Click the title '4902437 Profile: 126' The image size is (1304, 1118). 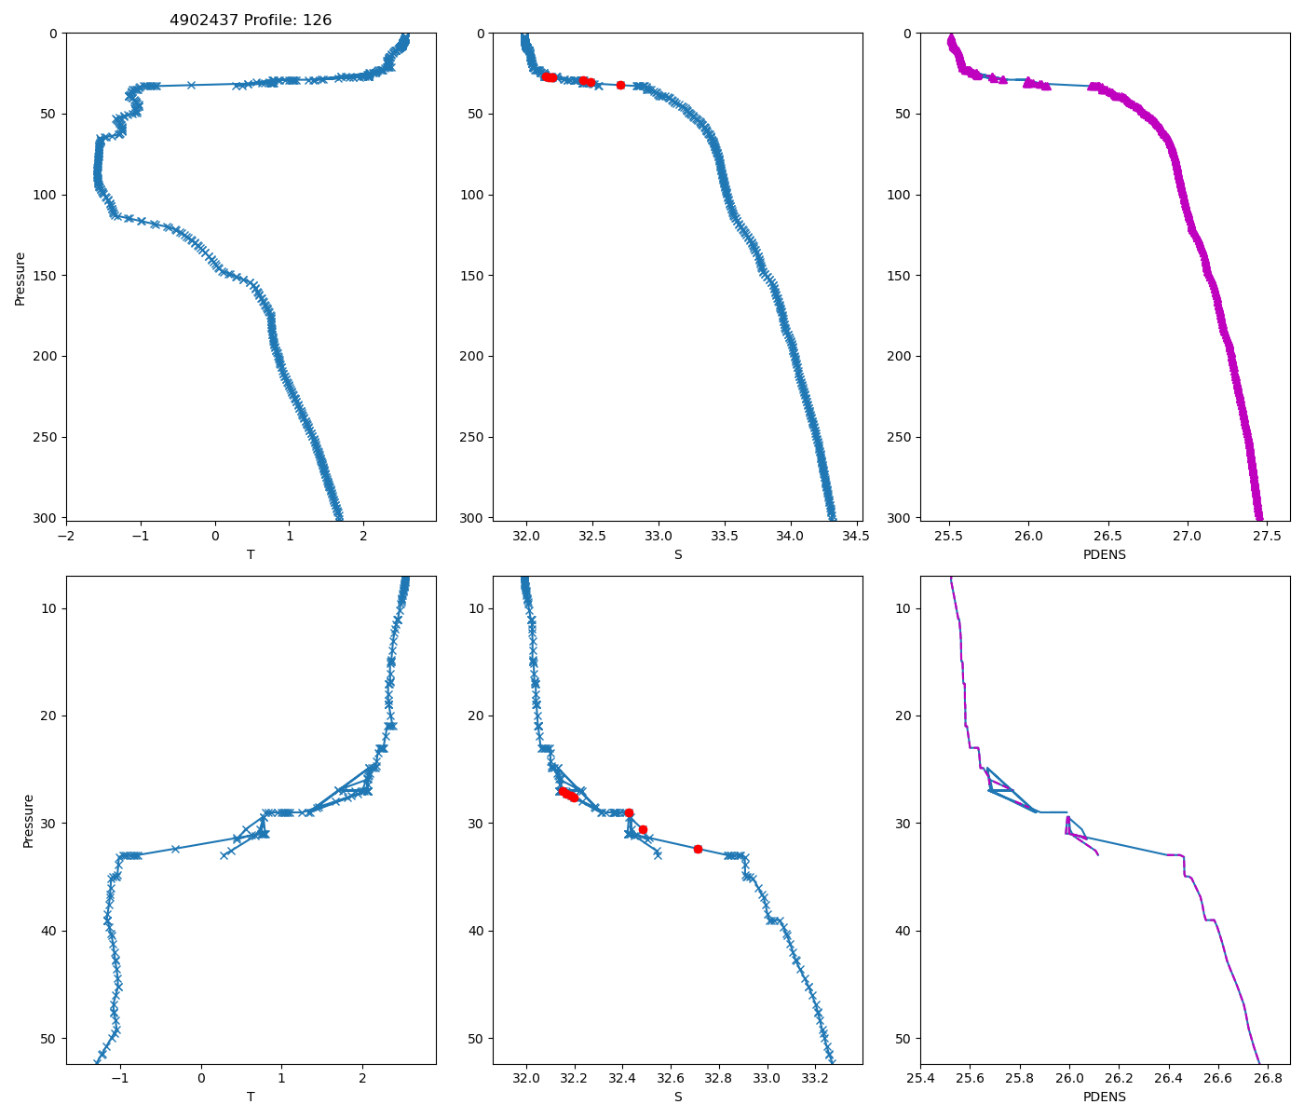point(251,20)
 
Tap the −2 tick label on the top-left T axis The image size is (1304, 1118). point(66,536)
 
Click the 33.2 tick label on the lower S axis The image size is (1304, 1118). point(815,1079)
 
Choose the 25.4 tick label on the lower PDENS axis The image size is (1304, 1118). point(920,1079)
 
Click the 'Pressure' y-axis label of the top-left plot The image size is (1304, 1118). point(20,278)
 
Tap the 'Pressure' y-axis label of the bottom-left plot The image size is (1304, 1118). point(28,821)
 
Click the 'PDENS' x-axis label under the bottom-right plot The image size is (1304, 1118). point(1105,1098)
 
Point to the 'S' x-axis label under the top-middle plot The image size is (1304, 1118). point(677,554)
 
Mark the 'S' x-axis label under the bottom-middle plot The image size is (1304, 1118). point(677,1098)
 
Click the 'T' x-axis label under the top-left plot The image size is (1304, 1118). point(251,554)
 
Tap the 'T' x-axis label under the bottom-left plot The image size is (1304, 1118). point(251,1098)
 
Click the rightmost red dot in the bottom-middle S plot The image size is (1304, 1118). point(698,849)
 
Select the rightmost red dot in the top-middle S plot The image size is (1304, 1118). point(620,85)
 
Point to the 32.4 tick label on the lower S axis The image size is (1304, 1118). point(623,1079)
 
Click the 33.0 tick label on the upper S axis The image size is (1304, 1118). point(659,536)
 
